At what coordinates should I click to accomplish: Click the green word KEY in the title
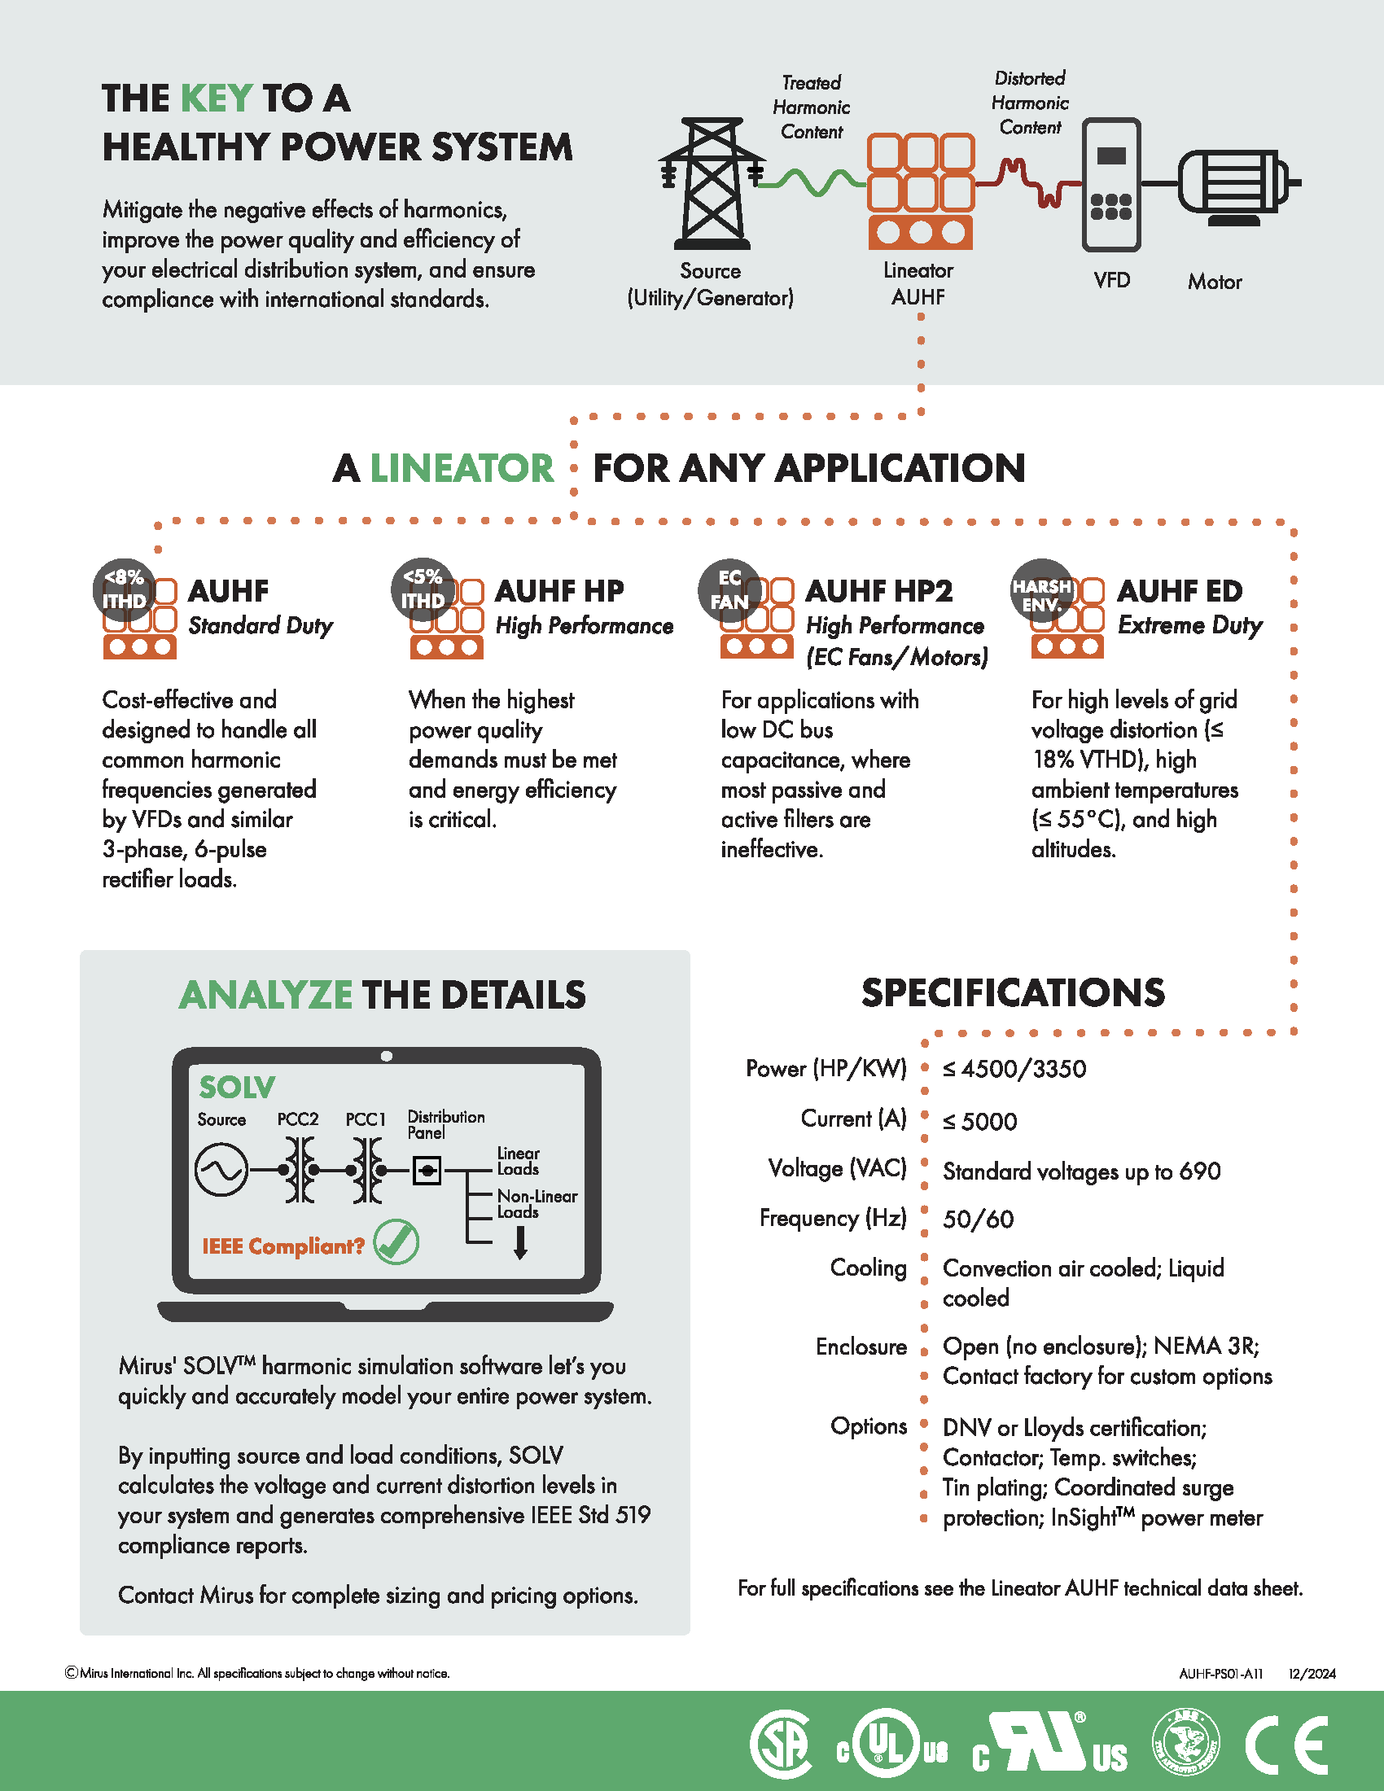(x=216, y=99)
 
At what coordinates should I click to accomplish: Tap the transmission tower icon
(x=711, y=184)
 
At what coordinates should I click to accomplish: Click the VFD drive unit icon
(x=1111, y=185)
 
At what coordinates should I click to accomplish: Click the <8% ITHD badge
(x=124, y=589)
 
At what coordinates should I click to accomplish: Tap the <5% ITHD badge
(x=423, y=589)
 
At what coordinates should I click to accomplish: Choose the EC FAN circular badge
(x=729, y=589)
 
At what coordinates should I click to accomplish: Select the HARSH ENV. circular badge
(x=1042, y=590)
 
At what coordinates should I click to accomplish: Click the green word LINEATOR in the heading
(x=462, y=469)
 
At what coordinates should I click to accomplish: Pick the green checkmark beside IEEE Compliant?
(x=396, y=1241)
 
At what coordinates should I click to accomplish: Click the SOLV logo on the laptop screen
(x=237, y=1088)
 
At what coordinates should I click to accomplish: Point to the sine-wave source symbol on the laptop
(x=221, y=1170)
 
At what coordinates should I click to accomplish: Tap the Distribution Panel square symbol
(x=427, y=1170)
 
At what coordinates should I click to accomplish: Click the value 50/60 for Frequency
(x=978, y=1220)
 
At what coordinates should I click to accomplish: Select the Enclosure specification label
(x=861, y=1347)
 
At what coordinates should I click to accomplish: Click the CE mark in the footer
(x=1286, y=1744)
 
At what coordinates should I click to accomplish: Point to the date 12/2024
(x=1312, y=1674)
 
